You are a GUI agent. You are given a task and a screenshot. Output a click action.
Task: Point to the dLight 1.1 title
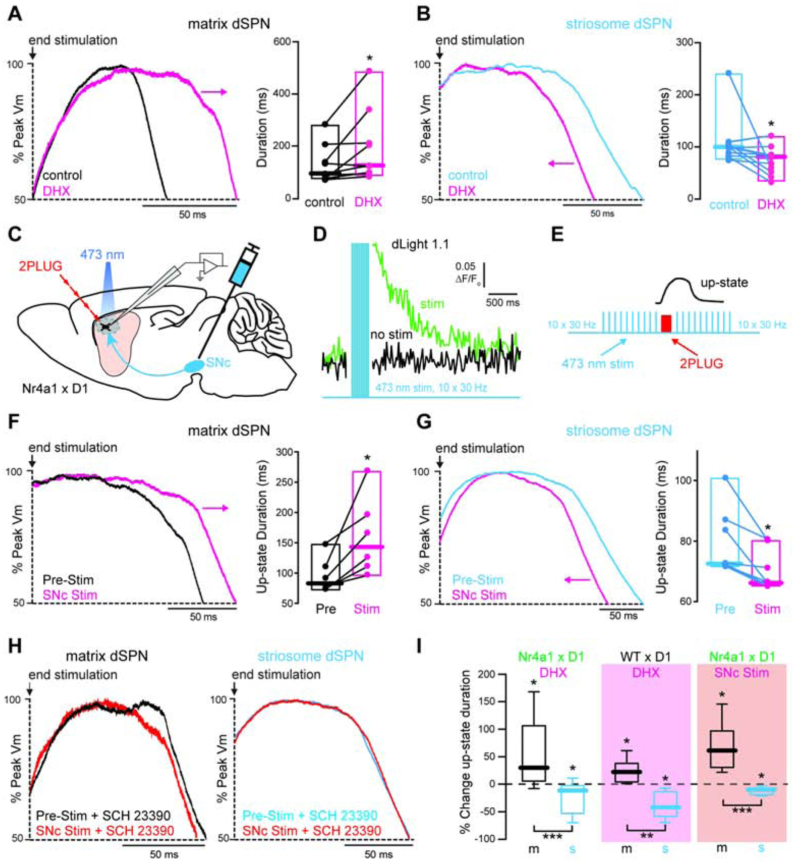[420, 245]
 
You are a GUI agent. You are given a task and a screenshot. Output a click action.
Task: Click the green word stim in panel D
[432, 303]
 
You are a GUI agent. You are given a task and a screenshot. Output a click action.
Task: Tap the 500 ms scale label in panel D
[503, 302]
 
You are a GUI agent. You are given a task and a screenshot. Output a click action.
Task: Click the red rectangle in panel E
[666, 323]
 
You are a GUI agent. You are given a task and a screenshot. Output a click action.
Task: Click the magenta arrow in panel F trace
[215, 509]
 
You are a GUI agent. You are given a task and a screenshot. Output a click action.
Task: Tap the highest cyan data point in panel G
[725, 478]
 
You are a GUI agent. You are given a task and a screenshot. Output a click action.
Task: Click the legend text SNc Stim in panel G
[479, 595]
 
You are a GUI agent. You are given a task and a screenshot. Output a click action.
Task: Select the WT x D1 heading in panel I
[646, 656]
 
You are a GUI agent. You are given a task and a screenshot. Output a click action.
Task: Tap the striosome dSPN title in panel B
[618, 24]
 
